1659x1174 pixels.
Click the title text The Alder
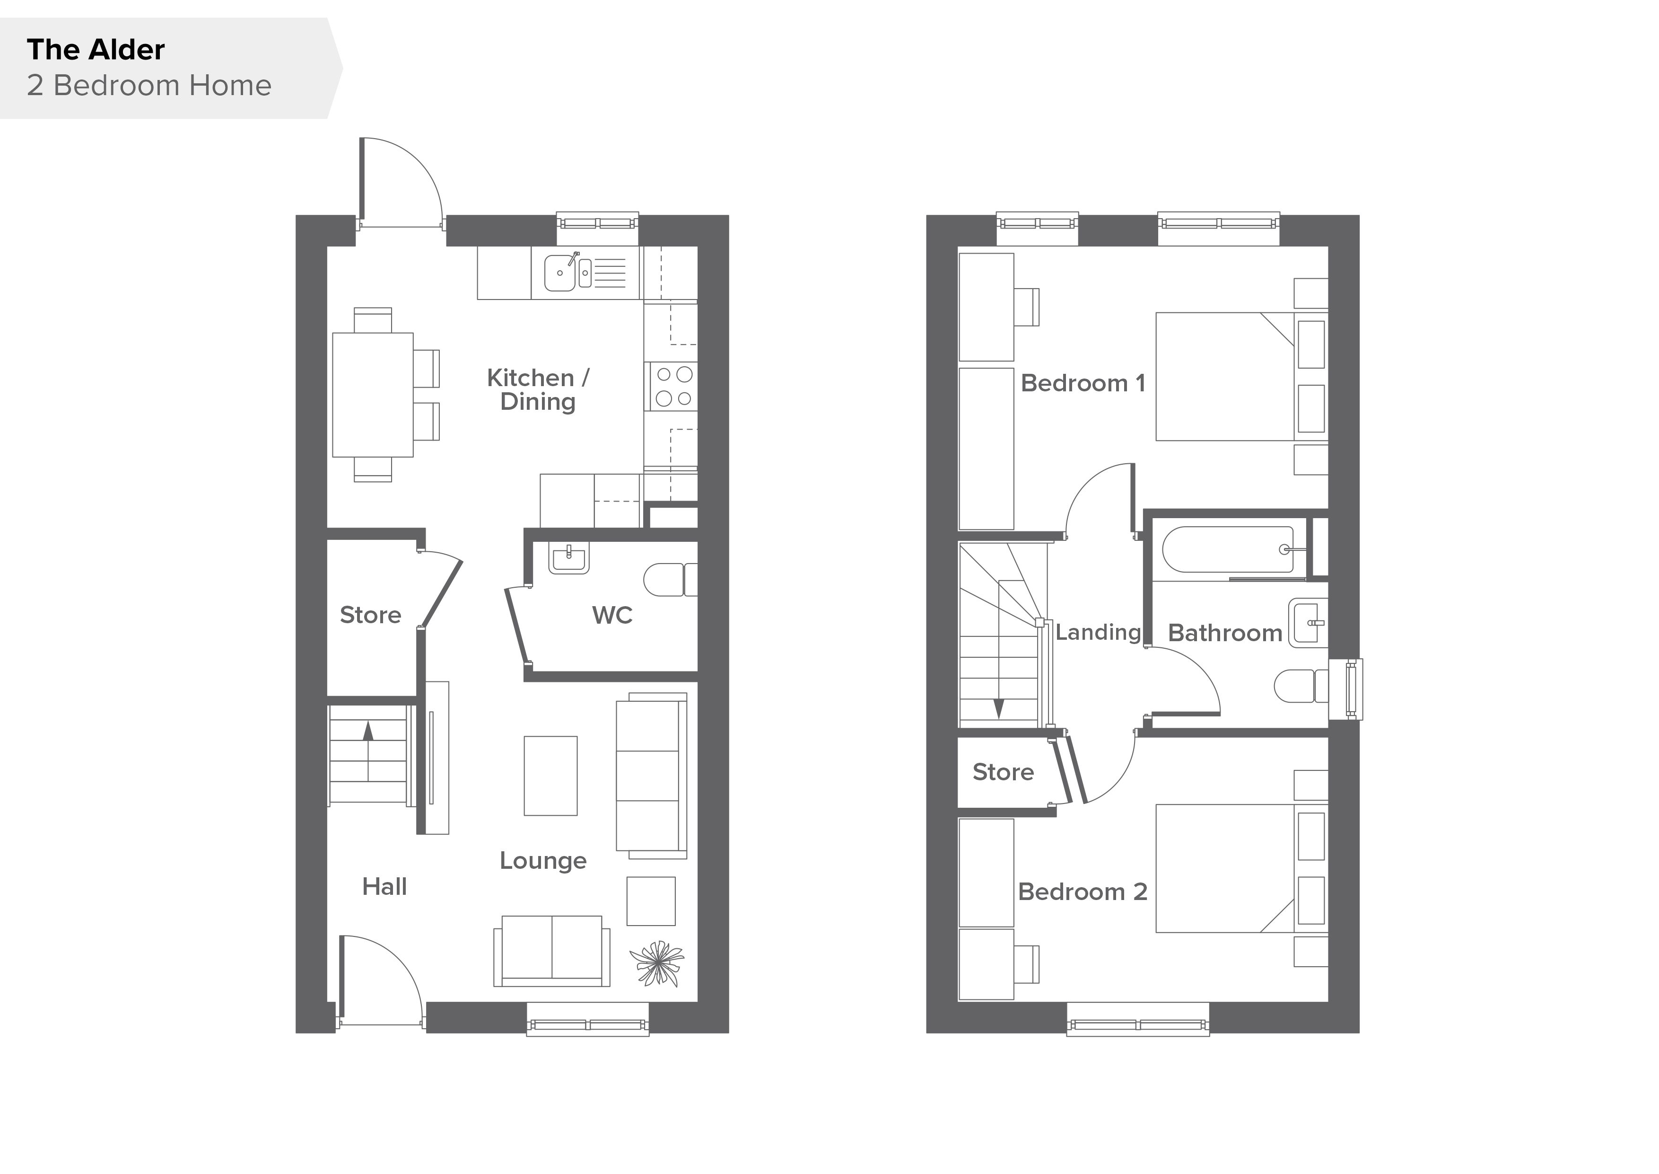point(96,50)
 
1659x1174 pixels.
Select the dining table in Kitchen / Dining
point(373,395)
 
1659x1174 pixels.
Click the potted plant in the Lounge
point(657,963)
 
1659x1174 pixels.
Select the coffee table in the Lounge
point(550,776)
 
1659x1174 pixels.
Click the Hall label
point(384,887)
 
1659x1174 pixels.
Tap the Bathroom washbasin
point(1308,622)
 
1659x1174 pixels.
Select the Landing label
point(1098,633)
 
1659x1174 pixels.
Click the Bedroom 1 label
point(1083,383)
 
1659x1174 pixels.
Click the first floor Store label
point(1003,772)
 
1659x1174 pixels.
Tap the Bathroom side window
point(1346,689)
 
